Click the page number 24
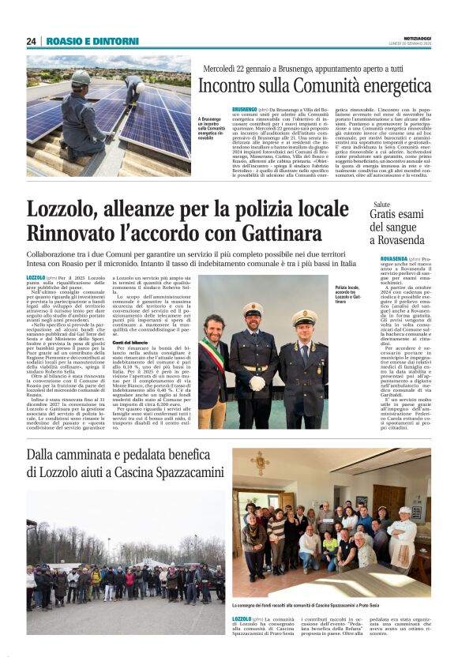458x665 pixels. tap(32, 41)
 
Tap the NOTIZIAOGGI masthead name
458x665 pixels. tap(412, 38)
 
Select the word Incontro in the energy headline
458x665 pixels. tap(229, 85)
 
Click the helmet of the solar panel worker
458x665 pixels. tap(81, 78)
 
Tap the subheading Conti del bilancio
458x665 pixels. tap(131, 341)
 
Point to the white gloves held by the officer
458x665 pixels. tap(257, 384)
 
